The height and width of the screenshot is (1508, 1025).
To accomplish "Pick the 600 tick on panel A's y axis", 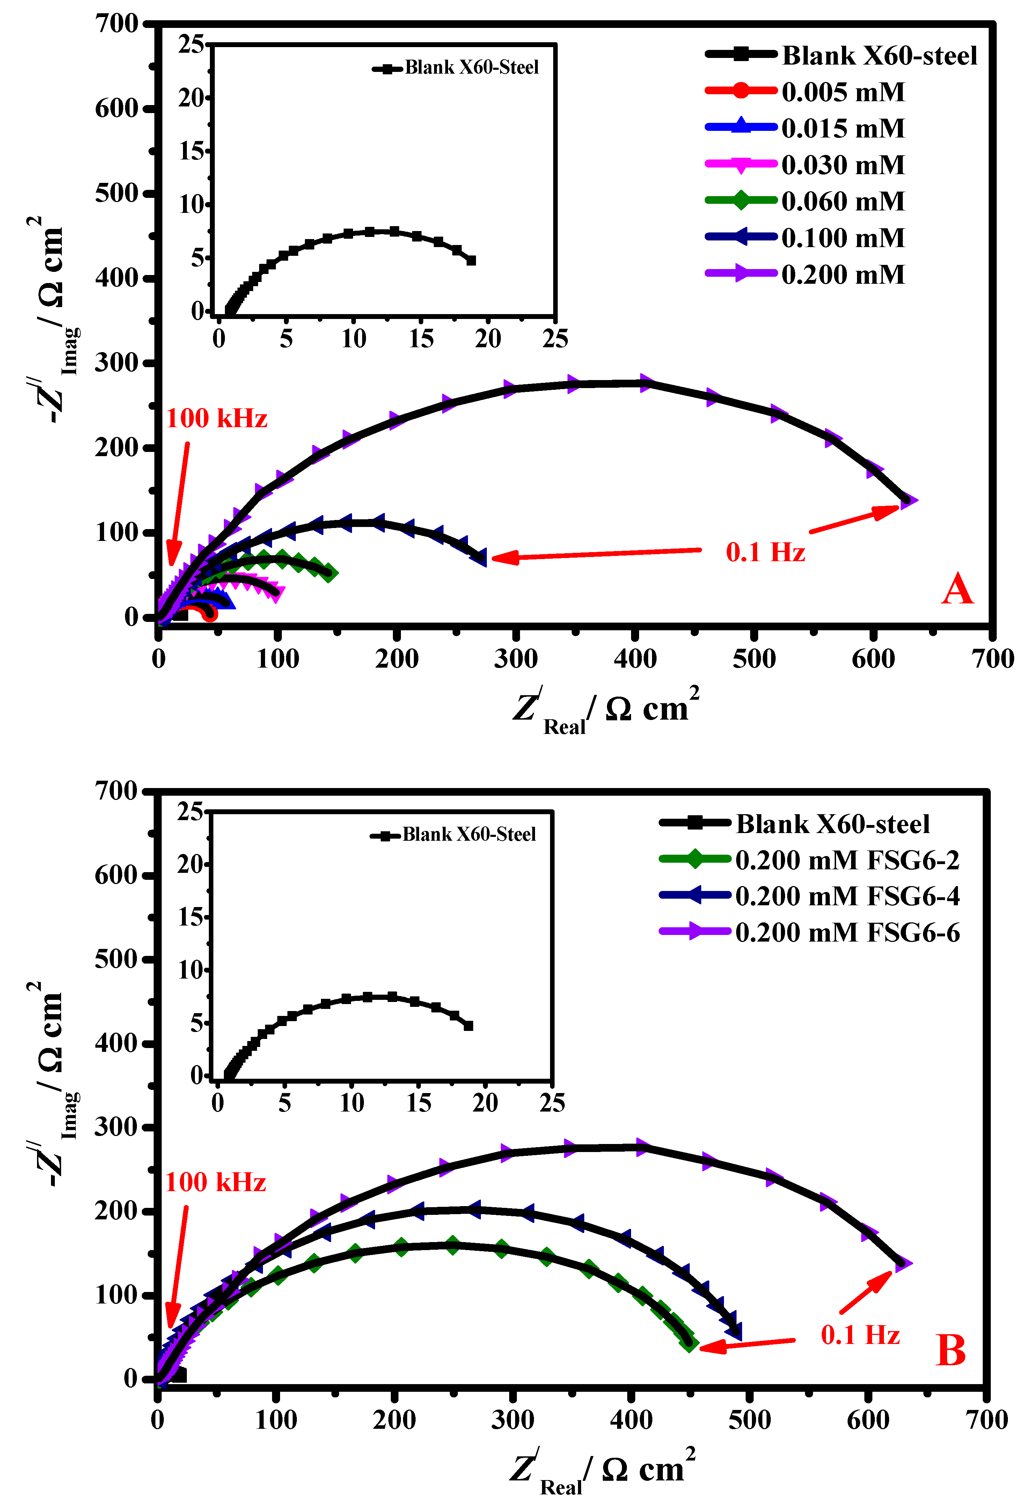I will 117,109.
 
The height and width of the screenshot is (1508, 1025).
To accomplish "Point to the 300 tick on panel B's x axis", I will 512,1420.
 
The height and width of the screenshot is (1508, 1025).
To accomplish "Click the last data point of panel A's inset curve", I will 471,260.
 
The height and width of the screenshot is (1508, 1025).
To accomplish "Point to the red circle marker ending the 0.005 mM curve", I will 209,614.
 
